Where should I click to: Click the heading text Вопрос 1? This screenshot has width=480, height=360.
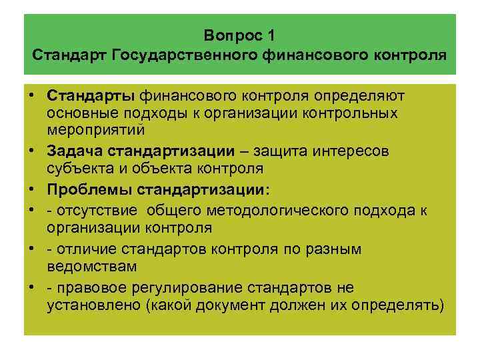coord(239,34)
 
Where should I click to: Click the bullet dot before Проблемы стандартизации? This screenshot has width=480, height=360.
coord(32,189)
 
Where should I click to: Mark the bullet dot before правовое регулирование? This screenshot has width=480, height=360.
coord(32,287)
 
